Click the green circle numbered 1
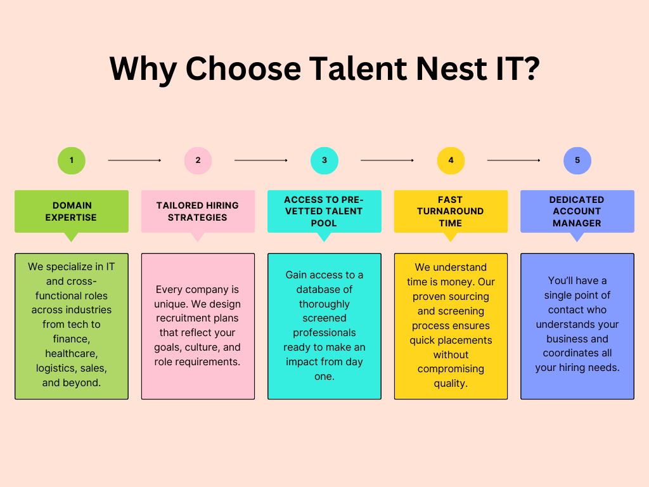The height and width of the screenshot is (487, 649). [72, 160]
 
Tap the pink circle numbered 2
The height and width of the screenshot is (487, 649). [198, 160]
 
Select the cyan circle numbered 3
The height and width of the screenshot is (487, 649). [324, 160]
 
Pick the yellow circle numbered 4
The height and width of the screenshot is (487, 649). [451, 160]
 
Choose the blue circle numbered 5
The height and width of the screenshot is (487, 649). [577, 160]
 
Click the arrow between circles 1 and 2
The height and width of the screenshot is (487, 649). [134, 160]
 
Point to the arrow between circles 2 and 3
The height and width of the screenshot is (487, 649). [260, 160]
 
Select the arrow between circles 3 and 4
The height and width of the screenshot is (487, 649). [387, 160]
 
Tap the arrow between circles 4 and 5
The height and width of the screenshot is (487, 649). [513, 160]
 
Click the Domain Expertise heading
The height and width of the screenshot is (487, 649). [71, 211]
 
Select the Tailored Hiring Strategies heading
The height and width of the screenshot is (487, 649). [198, 211]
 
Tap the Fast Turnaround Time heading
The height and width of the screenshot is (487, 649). [451, 211]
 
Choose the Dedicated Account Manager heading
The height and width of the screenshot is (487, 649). [577, 211]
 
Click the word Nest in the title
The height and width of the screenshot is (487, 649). [451, 68]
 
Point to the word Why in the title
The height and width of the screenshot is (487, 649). [143, 70]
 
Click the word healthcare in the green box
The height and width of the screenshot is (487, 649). [72, 354]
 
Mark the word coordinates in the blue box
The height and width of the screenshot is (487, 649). [577, 353]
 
